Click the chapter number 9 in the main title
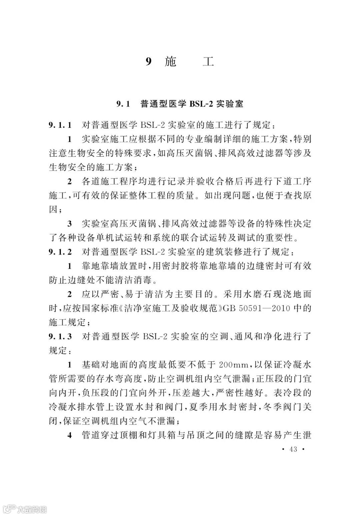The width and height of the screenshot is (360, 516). (149, 62)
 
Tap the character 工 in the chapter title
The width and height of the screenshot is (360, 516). (208, 62)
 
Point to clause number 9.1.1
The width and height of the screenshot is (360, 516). (60, 125)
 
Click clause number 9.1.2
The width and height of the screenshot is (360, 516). (60, 252)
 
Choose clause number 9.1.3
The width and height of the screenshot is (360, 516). (60, 336)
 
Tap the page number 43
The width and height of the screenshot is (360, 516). (293, 449)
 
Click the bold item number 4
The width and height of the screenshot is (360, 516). (70, 435)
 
